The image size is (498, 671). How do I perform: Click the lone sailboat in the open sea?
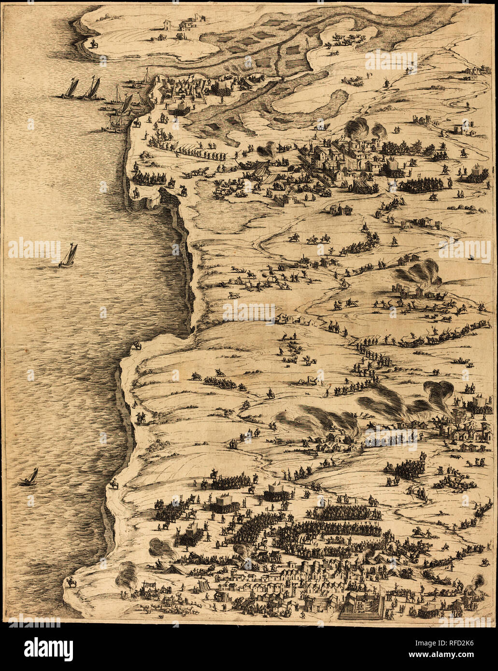[x=68, y=255]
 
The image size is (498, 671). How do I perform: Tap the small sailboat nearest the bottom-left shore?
[x=30, y=477]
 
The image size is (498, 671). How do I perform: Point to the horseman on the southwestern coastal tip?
[x=72, y=583]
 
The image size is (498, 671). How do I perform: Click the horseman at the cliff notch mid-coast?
[x=138, y=345]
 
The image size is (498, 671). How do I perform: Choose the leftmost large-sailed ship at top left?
[x=71, y=88]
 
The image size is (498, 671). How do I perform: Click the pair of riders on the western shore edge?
[x=140, y=418]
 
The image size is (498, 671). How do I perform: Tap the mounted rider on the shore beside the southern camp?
[x=114, y=483]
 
